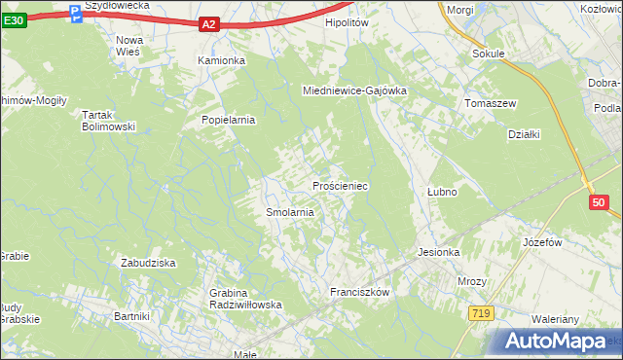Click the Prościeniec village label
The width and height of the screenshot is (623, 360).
[339, 185]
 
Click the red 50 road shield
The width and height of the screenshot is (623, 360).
[598, 202]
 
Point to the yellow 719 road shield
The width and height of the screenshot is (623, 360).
[479, 312]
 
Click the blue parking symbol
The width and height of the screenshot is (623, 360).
[76, 14]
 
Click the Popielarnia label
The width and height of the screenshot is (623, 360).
[227, 120]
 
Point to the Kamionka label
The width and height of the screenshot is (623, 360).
[222, 60]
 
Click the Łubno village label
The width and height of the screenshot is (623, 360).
[442, 192]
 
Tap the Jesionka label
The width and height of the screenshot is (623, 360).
[438, 252]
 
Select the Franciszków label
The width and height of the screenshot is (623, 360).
[359, 292]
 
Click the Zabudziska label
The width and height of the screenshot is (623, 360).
[147, 263]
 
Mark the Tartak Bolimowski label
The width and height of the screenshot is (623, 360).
[107, 121]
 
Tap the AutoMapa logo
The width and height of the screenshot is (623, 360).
[559, 341]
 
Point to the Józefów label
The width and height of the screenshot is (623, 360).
[543, 241]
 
